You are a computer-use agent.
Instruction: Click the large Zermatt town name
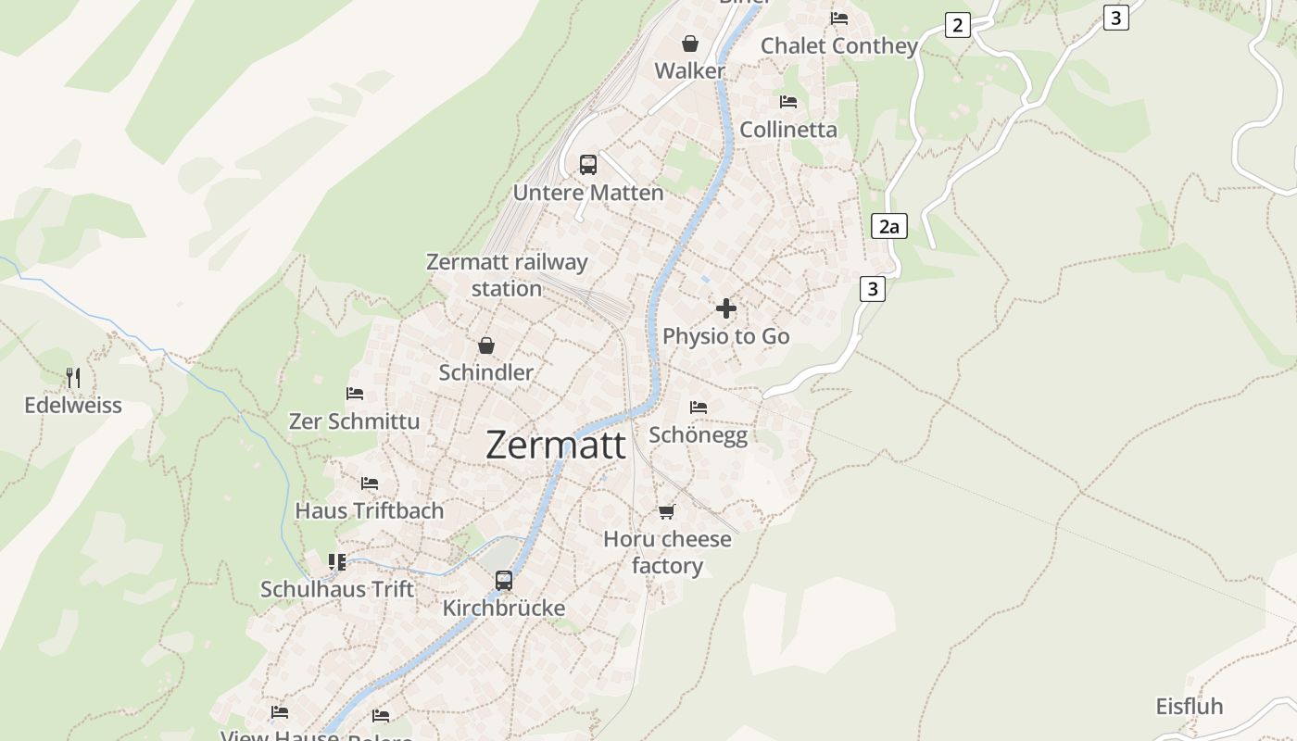click(x=556, y=446)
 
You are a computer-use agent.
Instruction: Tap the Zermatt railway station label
click(x=507, y=275)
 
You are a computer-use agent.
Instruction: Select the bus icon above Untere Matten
click(x=588, y=165)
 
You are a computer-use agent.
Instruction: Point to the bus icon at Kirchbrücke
click(x=504, y=581)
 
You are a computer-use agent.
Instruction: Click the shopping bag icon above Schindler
click(x=486, y=345)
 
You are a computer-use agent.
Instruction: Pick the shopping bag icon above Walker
click(x=690, y=44)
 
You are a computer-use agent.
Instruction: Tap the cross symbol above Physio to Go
click(x=726, y=308)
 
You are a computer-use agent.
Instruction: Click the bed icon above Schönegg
click(x=699, y=407)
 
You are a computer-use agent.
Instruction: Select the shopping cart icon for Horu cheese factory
click(x=666, y=511)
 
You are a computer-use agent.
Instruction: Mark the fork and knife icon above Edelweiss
click(x=73, y=378)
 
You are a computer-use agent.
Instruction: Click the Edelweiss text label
click(x=73, y=406)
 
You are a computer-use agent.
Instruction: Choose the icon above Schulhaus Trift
click(x=337, y=562)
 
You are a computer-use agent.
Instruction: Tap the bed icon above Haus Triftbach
click(x=370, y=484)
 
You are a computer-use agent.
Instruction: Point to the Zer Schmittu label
click(x=355, y=421)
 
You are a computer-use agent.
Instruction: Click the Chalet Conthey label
click(x=839, y=46)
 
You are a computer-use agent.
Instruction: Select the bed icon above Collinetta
click(x=788, y=102)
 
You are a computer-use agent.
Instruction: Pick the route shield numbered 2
click(x=958, y=25)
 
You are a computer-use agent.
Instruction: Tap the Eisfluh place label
click(x=1190, y=707)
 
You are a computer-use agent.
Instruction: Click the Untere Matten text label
click(x=588, y=193)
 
